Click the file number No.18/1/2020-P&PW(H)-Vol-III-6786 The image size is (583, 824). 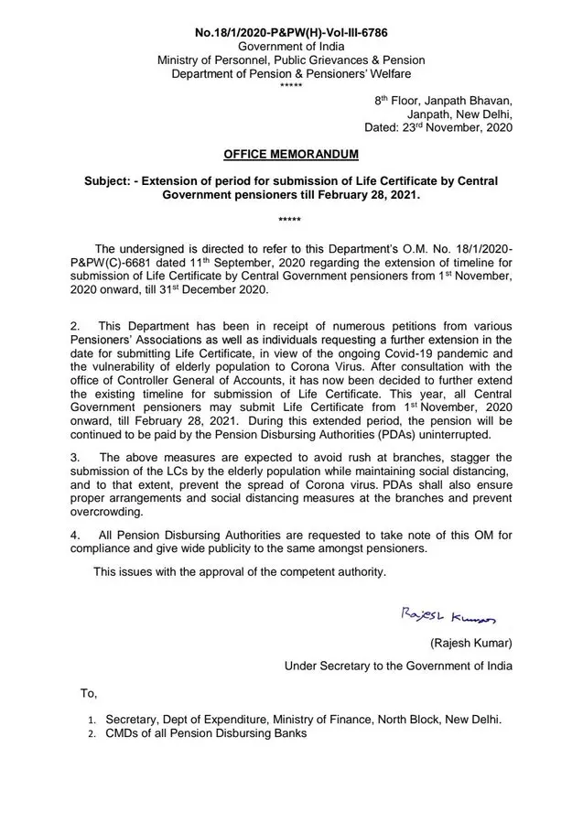(291, 32)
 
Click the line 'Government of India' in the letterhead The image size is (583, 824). (291, 46)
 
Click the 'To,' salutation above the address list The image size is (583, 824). (88, 694)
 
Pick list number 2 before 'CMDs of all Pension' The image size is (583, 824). (92, 733)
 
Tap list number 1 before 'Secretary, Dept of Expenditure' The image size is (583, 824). (92, 720)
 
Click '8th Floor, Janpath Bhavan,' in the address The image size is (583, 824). (443, 100)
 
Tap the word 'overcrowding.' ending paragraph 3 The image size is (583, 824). (105, 515)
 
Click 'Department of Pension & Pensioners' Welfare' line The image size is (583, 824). (291, 73)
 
